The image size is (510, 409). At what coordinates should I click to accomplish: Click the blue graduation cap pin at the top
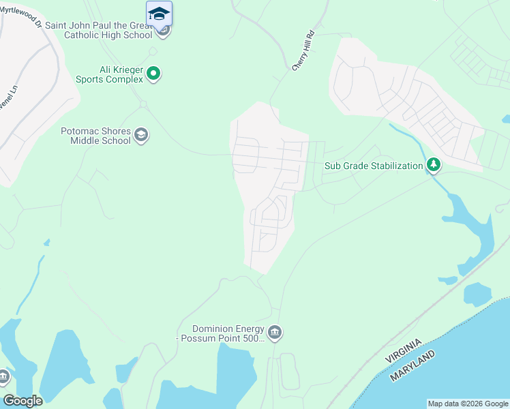(x=159, y=13)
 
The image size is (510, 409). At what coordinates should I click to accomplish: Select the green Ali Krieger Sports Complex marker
(x=154, y=73)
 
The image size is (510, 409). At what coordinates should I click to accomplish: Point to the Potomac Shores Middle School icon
(x=141, y=134)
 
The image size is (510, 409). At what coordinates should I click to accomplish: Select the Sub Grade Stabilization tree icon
(x=433, y=164)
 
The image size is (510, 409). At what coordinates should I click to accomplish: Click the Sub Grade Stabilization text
(x=374, y=166)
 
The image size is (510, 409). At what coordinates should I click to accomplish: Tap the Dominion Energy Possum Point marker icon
(x=274, y=332)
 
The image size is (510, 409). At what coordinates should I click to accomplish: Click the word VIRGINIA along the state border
(x=404, y=350)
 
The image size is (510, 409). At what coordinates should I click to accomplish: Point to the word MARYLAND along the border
(x=413, y=367)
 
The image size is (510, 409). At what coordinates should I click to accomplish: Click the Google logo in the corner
(x=22, y=400)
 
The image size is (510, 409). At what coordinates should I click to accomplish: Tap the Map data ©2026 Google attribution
(x=468, y=404)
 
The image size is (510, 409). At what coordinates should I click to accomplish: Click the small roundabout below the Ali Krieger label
(x=143, y=104)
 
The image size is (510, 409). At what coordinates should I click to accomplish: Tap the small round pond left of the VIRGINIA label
(x=477, y=294)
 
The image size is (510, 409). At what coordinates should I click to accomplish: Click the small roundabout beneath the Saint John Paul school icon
(x=153, y=50)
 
